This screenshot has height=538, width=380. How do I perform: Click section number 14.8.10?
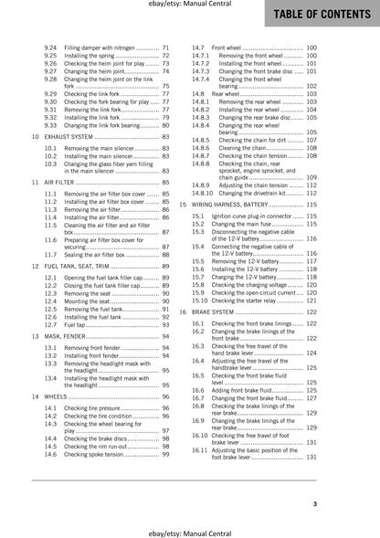[206, 194]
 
